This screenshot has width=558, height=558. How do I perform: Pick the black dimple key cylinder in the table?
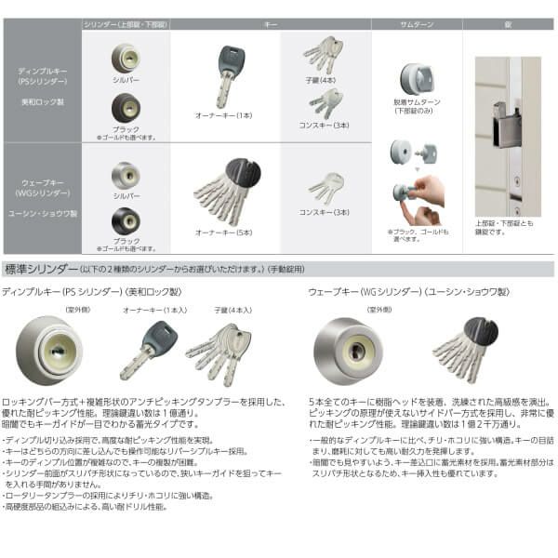[x=126, y=107]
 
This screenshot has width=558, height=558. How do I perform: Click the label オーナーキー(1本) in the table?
[x=225, y=114]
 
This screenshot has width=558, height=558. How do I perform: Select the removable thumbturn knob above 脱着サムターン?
[x=415, y=78]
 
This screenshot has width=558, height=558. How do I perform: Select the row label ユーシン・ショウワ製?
[x=44, y=213]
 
